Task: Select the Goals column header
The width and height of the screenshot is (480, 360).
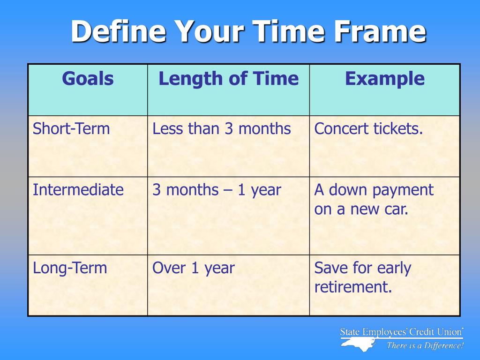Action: coord(88,78)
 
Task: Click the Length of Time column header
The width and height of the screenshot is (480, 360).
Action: coord(228,78)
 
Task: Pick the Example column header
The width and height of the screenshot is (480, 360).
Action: coord(385,79)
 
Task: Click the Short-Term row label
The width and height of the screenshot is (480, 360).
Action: coord(71,128)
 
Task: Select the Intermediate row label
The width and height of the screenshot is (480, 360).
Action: coord(78,189)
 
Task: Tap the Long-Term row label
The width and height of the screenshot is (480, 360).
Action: coord(70,269)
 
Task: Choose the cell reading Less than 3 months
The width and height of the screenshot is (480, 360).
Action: coord(221,128)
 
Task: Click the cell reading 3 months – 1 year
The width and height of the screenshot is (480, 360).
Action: coord(217,190)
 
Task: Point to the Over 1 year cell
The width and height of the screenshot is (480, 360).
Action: coord(193,269)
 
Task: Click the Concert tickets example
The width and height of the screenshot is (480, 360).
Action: coord(368,128)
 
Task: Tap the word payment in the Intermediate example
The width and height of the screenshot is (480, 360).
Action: coord(403,190)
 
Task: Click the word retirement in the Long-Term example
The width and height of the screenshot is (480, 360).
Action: coord(353,287)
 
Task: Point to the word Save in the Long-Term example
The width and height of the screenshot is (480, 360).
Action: coord(331,268)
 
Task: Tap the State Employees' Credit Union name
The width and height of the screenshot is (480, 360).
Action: coord(402,332)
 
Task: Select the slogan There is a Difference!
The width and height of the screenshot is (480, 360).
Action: coord(425,345)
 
